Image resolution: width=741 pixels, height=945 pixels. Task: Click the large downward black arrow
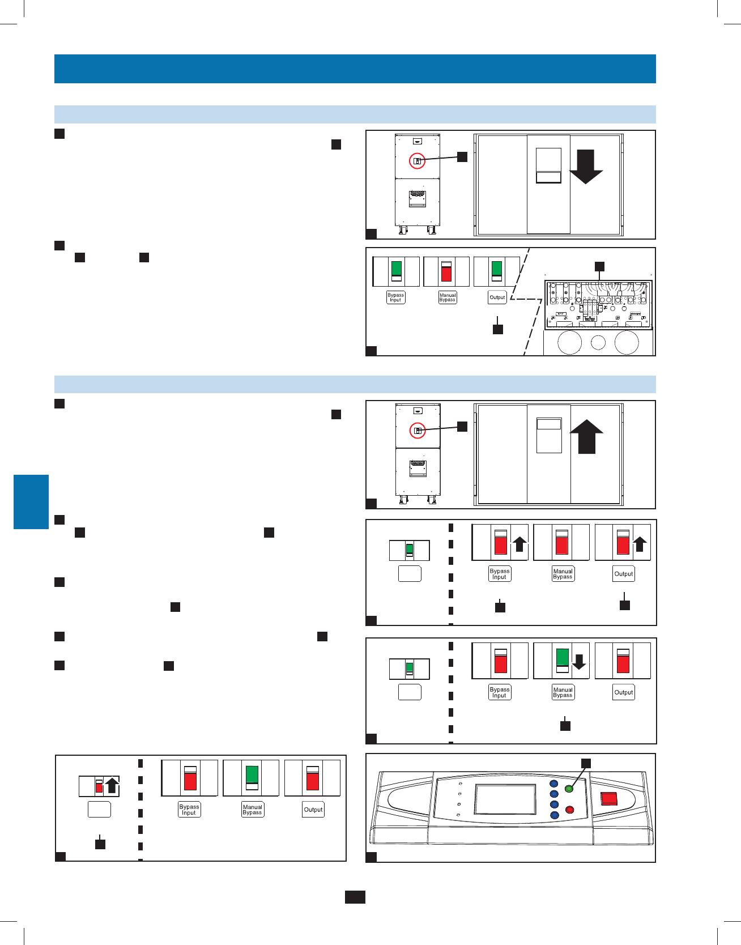[x=586, y=167]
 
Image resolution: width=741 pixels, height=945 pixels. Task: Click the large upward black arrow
[x=586, y=437]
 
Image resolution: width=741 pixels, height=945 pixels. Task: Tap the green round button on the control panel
[x=569, y=789]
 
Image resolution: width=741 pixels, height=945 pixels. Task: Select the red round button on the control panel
[x=570, y=810]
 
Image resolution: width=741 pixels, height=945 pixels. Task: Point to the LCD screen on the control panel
[x=505, y=799]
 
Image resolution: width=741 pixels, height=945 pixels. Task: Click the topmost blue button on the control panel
[x=554, y=784]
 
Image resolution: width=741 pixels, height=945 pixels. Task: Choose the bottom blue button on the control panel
[x=554, y=815]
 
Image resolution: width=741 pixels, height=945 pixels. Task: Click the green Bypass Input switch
[x=397, y=271]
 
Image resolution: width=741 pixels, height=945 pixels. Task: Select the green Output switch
[x=497, y=271]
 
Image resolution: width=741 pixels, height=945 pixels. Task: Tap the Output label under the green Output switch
[x=497, y=297]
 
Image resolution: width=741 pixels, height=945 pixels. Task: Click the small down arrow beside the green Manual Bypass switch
[x=579, y=662]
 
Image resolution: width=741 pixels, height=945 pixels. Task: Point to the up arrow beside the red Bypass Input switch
[x=519, y=544]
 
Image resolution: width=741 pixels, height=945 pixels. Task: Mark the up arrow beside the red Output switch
[x=640, y=544]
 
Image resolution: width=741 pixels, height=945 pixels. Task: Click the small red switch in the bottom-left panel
[x=99, y=786]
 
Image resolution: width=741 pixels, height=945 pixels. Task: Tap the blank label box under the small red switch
[x=99, y=810]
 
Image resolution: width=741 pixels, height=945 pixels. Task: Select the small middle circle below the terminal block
[x=598, y=342]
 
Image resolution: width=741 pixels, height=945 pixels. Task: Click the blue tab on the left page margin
[x=31, y=502]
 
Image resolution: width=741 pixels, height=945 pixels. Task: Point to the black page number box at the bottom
[x=355, y=897]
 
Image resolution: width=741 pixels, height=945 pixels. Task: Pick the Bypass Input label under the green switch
[x=395, y=297]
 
